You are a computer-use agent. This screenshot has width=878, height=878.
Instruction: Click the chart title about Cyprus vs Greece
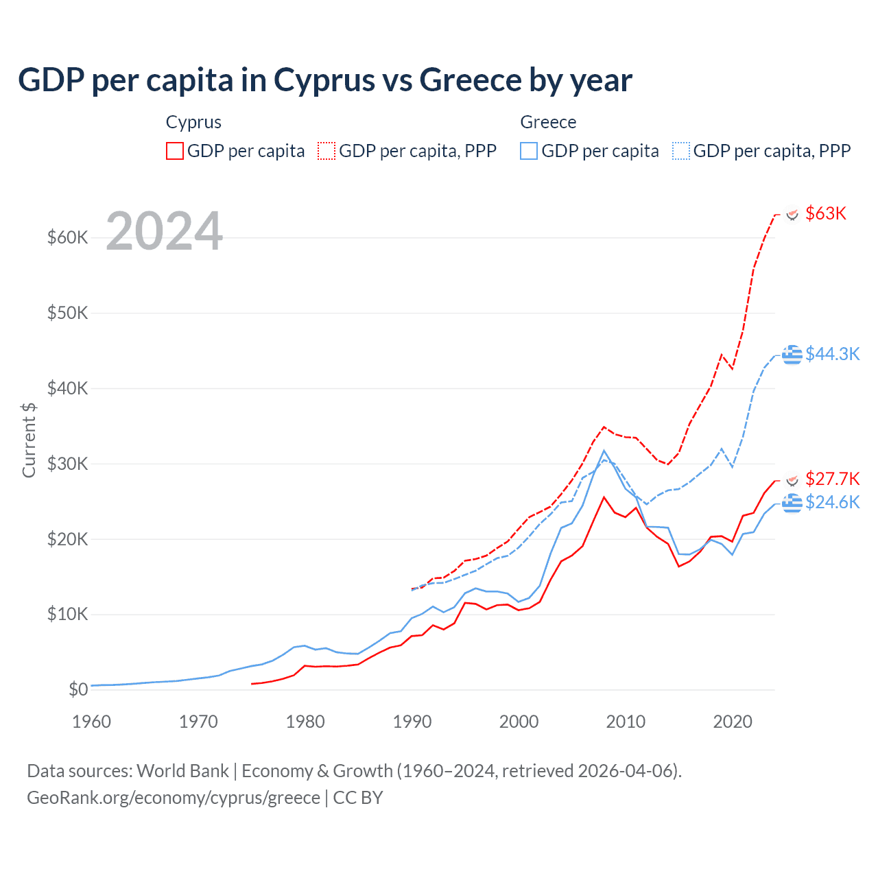click(x=324, y=80)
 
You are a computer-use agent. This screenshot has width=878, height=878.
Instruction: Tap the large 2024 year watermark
click(x=164, y=231)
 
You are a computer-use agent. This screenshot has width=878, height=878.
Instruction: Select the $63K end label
click(x=826, y=213)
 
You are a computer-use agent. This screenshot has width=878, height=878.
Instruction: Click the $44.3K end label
click(x=832, y=354)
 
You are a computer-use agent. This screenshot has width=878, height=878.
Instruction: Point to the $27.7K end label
click(x=832, y=478)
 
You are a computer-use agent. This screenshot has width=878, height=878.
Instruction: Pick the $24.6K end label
click(x=832, y=502)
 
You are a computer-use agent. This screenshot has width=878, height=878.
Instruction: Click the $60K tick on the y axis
click(x=68, y=238)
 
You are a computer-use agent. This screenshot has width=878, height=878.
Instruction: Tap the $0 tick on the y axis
click(x=78, y=689)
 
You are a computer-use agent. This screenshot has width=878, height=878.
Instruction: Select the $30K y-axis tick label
click(x=68, y=464)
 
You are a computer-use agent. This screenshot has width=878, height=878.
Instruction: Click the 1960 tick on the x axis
click(x=91, y=722)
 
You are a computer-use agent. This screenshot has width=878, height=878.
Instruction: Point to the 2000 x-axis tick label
click(x=519, y=722)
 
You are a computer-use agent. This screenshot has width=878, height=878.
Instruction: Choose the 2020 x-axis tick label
click(x=733, y=722)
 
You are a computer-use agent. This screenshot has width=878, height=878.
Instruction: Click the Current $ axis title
click(x=29, y=440)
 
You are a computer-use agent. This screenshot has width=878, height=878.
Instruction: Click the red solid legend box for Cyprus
click(x=175, y=151)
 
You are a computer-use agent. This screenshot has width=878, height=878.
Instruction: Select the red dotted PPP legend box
click(x=327, y=151)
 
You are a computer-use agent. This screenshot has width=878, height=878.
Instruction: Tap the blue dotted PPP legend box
click(x=681, y=151)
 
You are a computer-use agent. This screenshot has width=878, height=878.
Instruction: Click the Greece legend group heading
click(x=548, y=122)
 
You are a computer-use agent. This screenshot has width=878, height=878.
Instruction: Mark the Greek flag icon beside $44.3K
click(x=792, y=355)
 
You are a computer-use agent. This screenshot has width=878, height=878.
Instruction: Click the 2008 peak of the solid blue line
click(x=604, y=451)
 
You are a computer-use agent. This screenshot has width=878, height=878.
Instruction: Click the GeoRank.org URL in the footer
click(x=174, y=798)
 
